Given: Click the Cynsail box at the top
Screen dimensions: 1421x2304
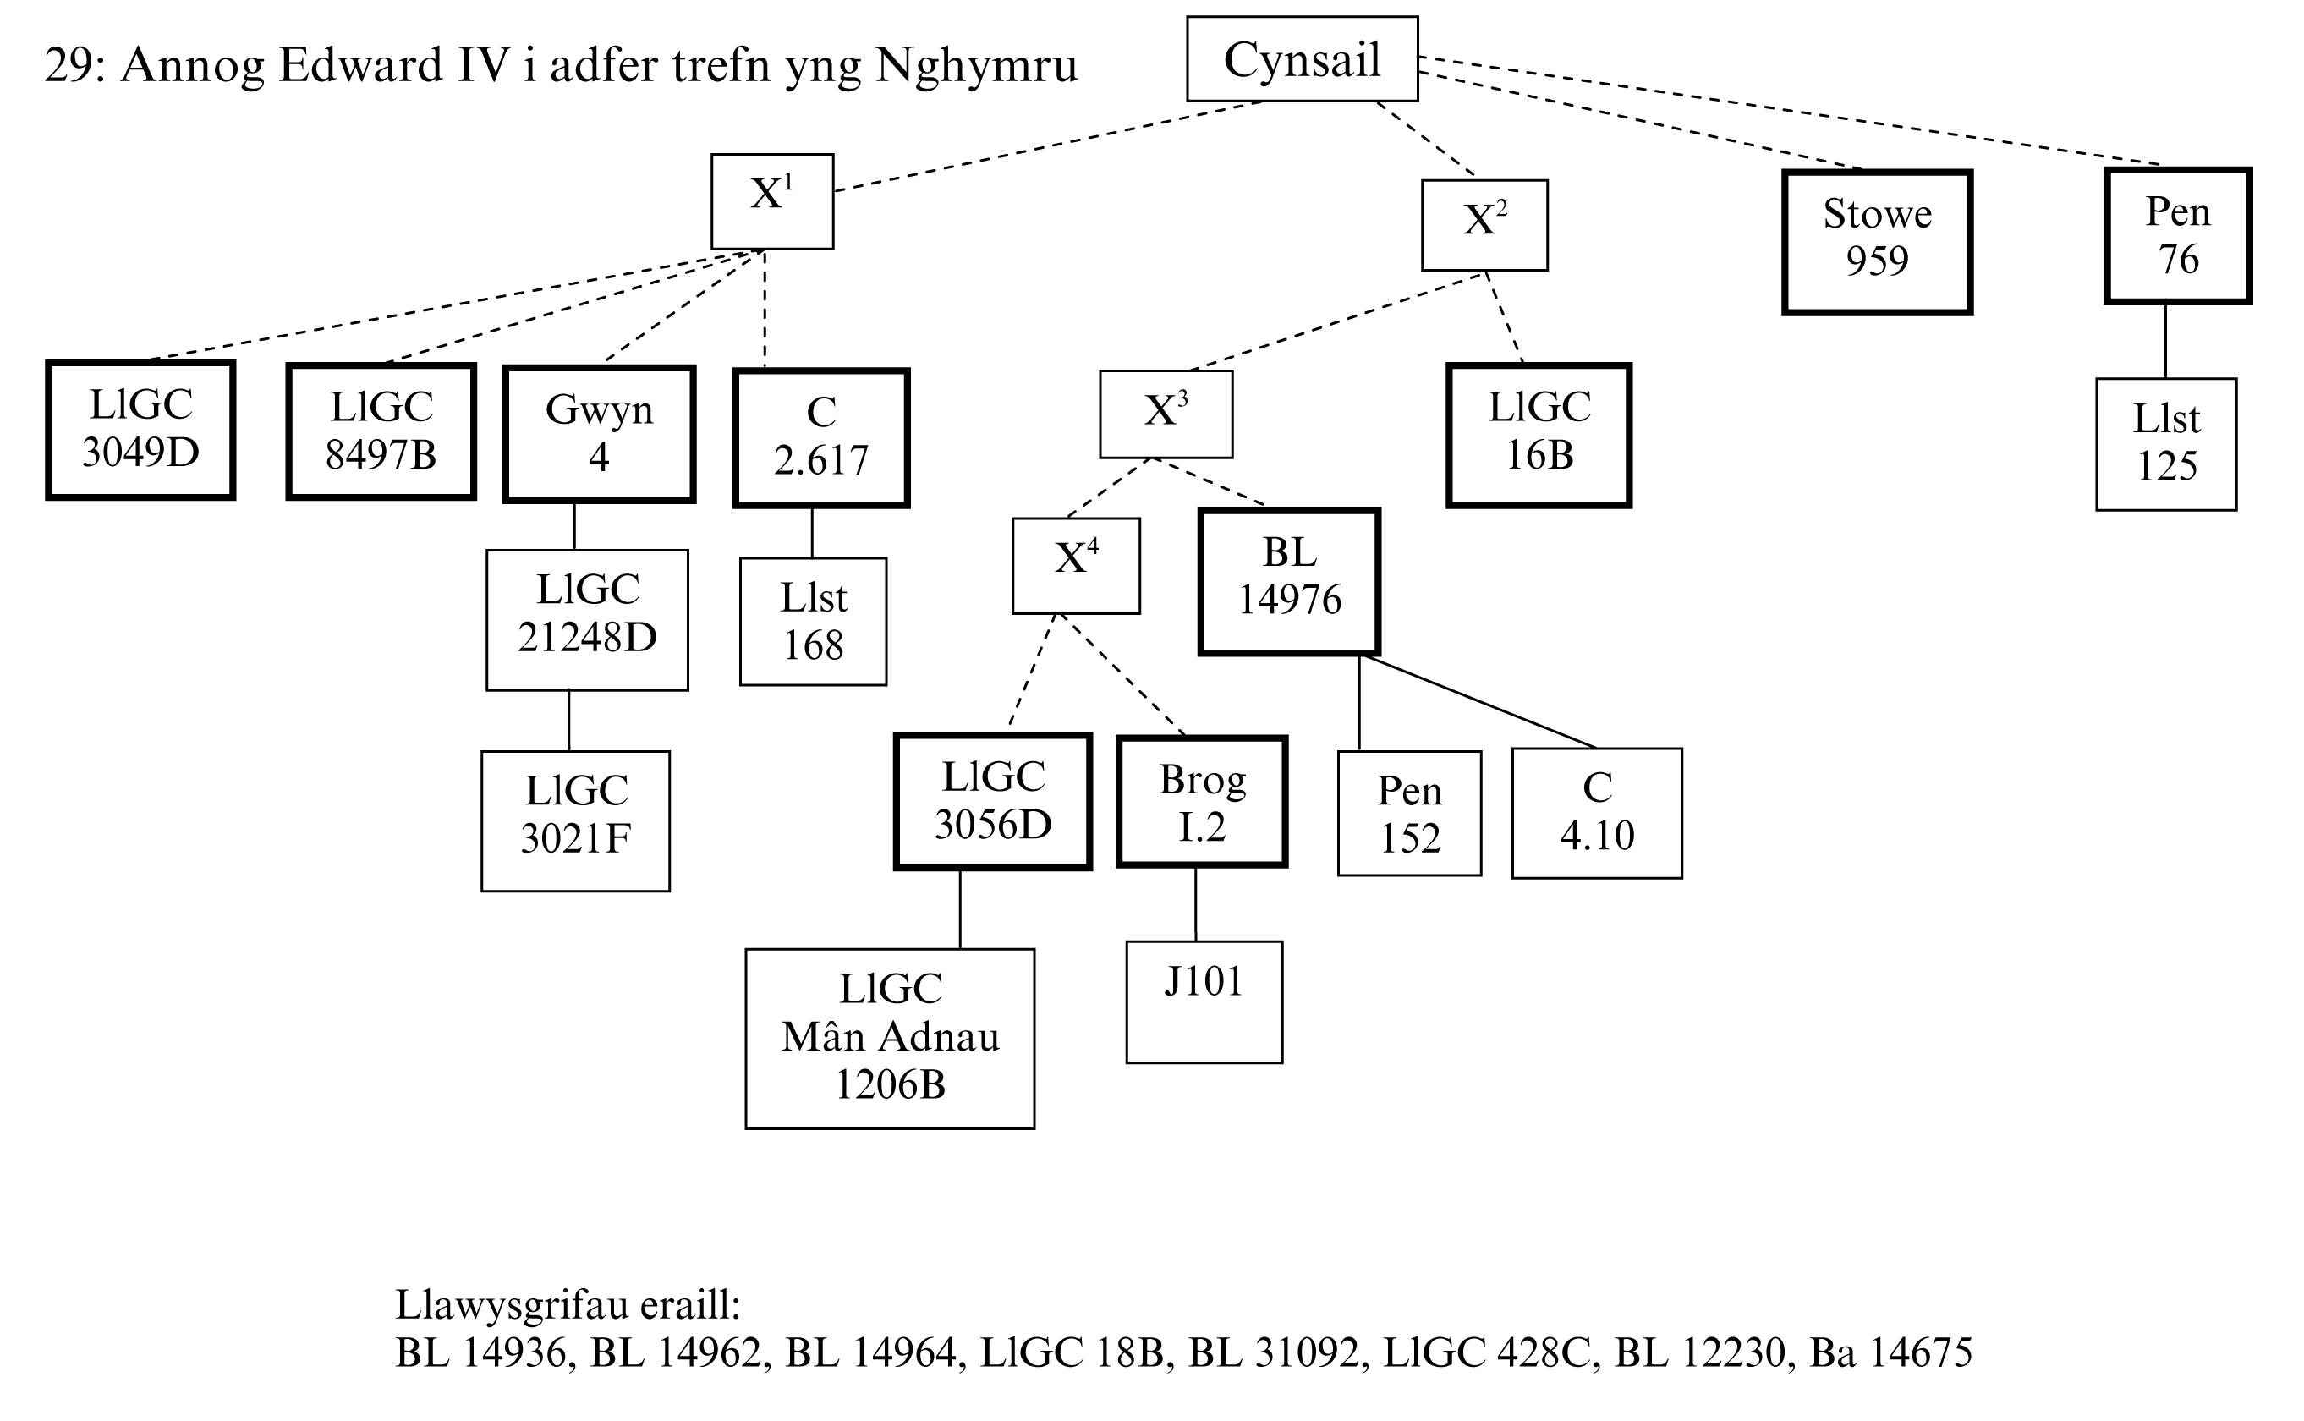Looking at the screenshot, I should point(1302,58).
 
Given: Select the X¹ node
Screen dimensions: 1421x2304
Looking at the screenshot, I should point(771,201).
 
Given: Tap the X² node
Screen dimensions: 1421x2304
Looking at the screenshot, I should point(1484,225).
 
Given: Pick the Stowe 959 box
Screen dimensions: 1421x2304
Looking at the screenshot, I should point(1877,242).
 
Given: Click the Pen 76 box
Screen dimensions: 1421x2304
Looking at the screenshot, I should point(2177,236).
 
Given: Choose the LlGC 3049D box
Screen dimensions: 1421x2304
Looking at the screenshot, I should point(140,430).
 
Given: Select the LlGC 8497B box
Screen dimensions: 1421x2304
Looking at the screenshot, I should point(381,431).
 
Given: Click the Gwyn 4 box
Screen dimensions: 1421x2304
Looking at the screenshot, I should point(599,434).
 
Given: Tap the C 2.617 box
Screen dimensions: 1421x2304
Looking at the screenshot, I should point(821,437).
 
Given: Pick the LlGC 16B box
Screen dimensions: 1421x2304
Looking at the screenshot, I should point(1539,434).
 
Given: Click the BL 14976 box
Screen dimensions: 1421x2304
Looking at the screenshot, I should point(1289,581).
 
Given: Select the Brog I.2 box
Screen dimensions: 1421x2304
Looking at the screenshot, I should point(1202,802).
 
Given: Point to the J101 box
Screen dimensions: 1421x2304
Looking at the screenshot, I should point(1204,1001).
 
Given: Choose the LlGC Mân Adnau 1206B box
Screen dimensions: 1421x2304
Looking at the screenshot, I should point(890,1038).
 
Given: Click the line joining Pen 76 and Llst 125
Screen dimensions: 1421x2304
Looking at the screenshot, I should point(2166,340).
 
